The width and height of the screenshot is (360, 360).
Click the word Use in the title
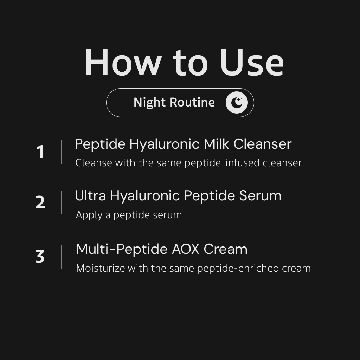click(252, 62)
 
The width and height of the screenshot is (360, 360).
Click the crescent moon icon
click(237, 102)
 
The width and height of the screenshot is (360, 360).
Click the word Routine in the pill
click(192, 102)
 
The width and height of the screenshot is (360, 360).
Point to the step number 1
click(40, 152)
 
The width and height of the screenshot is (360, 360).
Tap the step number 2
click(40, 202)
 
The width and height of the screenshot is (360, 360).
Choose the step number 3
click(40, 256)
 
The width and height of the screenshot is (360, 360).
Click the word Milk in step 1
click(216, 144)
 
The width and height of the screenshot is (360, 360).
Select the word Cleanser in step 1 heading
click(262, 144)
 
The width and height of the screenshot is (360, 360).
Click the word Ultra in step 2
click(90, 195)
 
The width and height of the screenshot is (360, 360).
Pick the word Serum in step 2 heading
click(260, 195)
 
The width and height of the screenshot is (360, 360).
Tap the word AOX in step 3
click(186, 249)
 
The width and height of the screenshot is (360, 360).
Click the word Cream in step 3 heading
click(225, 249)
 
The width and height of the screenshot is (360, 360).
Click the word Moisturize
click(101, 268)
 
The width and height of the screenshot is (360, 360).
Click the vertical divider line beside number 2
click(62, 202)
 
